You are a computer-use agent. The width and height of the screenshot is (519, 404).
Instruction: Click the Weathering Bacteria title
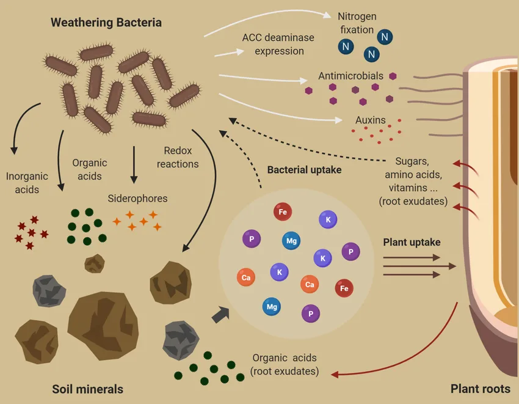pyautogui.click(x=106, y=23)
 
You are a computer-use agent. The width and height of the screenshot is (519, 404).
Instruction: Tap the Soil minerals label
pyautogui.click(x=87, y=389)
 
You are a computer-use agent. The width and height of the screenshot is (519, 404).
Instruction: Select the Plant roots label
pyautogui.click(x=480, y=389)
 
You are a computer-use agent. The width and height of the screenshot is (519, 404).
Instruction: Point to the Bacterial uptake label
pyautogui.click(x=304, y=169)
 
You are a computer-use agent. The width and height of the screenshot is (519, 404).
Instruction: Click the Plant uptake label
pyautogui.click(x=412, y=242)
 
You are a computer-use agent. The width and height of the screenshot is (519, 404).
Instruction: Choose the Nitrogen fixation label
pyautogui.click(x=357, y=22)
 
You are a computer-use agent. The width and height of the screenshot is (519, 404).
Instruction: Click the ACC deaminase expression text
pyautogui.click(x=278, y=44)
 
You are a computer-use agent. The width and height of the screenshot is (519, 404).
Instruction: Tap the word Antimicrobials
pyautogui.click(x=350, y=76)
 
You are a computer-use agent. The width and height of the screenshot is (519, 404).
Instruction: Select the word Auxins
pyautogui.click(x=370, y=120)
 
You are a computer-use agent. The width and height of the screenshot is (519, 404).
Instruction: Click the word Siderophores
pyautogui.click(x=137, y=199)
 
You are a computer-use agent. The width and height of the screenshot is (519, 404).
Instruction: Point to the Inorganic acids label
pyautogui.click(x=27, y=183)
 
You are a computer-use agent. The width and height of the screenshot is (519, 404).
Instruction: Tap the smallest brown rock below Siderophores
pyautogui.click(x=94, y=263)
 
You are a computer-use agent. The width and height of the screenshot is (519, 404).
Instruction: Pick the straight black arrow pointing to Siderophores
pyautogui.click(x=134, y=165)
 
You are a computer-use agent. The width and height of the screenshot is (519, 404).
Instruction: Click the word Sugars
pyautogui.click(x=412, y=161)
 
